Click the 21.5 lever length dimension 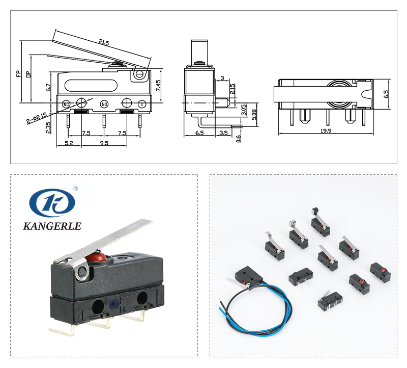pos(104,42)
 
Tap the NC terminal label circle pos(66,104)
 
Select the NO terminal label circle pos(104,104)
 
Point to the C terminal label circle pos(142,104)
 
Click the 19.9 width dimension pos(326,130)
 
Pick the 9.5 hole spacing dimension pos(104,143)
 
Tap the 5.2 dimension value pos(69,143)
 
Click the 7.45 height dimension pos(158,85)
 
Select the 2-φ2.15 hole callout pos(37,118)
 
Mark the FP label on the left pos(19,73)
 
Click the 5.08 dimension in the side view pos(254,115)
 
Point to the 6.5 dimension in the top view pos(386,94)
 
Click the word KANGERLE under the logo pos(52,226)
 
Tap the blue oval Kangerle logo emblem pos(52,202)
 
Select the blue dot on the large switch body pos(113,303)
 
